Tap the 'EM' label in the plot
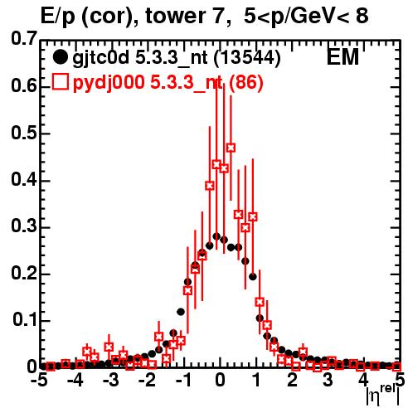coord(343,57)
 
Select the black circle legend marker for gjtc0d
coord(60,57)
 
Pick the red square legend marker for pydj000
coord(60,81)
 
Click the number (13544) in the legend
coord(247,58)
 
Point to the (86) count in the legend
coord(245,82)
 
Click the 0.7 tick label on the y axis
coord(24,39)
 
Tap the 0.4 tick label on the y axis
coord(24,180)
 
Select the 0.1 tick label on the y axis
coord(24,320)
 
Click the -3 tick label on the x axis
coord(110,380)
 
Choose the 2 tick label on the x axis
coord(292,380)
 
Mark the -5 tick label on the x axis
coord(39,380)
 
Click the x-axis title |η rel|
coord(383,396)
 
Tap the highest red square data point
coord(231,148)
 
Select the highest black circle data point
coord(216,236)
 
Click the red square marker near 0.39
coord(210,186)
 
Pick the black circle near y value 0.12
coord(181,312)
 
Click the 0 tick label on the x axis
coord(220,380)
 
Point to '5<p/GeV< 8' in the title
coord(306,17)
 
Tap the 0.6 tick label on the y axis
coord(24,85)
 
